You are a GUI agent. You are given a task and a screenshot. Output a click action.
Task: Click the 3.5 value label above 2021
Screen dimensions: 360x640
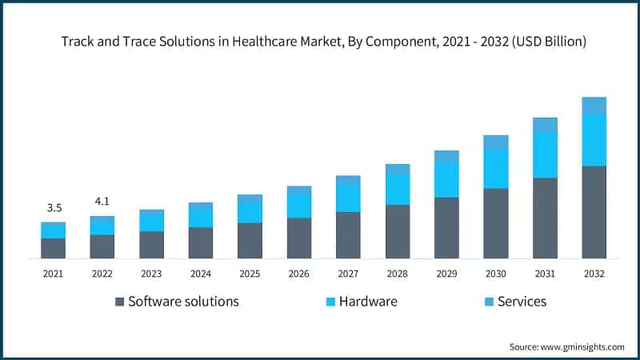pyautogui.click(x=54, y=208)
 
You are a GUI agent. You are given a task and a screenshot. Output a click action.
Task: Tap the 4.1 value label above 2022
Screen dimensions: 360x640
pyautogui.click(x=102, y=202)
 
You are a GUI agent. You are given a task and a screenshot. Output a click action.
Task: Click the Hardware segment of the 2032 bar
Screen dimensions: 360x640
pyautogui.click(x=594, y=140)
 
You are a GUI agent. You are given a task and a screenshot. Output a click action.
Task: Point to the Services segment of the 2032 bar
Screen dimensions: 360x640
pyautogui.click(x=594, y=106)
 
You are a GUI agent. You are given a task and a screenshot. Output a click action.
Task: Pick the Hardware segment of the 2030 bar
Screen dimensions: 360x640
pyautogui.click(x=495, y=169)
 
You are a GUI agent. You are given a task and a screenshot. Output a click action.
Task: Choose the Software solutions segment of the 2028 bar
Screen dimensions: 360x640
pyautogui.click(x=398, y=231)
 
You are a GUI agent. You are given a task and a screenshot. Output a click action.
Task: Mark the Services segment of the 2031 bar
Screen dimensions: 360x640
pyautogui.click(x=545, y=126)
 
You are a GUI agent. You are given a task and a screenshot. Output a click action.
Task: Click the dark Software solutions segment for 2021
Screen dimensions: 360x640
pyautogui.click(x=54, y=248)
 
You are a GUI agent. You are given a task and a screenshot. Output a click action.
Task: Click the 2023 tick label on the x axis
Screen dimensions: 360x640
pyautogui.click(x=151, y=274)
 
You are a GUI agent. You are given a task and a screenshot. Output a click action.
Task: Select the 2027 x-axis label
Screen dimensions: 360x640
pyautogui.click(x=348, y=274)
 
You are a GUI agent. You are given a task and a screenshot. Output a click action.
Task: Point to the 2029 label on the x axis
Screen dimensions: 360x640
pyautogui.click(x=446, y=274)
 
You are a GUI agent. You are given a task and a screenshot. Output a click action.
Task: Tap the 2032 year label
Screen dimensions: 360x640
pyautogui.click(x=594, y=274)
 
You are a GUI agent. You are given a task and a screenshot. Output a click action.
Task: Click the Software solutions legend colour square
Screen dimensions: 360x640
pyautogui.click(x=120, y=302)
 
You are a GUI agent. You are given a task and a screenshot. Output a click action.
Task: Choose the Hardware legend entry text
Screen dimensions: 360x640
pyautogui.click(x=368, y=302)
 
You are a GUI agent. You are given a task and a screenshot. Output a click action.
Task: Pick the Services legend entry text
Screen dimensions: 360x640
pyautogui.click(x=522, y=302)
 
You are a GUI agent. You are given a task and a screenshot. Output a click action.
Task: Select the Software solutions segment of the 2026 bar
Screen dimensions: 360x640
pyautogui.click(x=299, y=238)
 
